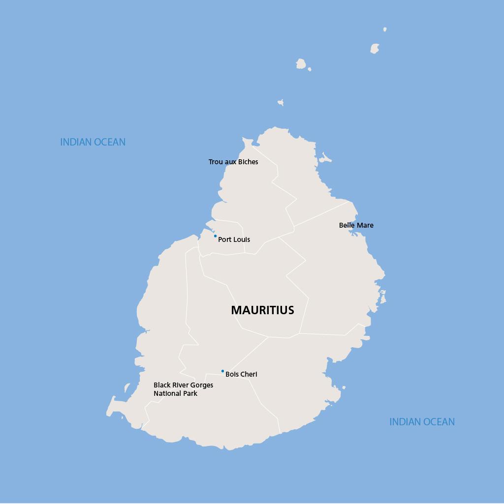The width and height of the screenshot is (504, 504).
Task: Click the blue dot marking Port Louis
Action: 215,236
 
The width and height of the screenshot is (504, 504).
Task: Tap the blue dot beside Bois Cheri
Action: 222,371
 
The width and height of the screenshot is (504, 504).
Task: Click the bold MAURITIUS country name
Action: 262,310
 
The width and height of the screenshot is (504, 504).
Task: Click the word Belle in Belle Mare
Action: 346,225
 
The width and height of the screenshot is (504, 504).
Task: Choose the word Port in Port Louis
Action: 225,239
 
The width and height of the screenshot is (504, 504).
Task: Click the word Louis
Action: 242,239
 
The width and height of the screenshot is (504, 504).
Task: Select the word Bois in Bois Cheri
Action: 232,374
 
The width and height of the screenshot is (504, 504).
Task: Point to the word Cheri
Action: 249,374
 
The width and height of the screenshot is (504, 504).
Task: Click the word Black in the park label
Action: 162,385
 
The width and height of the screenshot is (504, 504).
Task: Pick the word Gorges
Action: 202,385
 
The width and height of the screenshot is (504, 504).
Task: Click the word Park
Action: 190,393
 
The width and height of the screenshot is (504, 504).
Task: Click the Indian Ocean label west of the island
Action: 93,142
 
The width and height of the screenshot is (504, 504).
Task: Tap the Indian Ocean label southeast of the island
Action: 422,422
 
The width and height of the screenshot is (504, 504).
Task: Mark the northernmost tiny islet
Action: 385,30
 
